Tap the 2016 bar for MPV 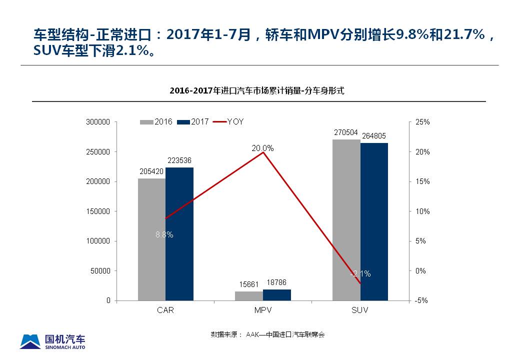click(x=248, y=295)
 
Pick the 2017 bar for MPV click(x=276, y=294)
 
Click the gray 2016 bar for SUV click(x=346, y=220)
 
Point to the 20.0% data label click(x=262, y=148)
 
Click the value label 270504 click(x=346, y=132)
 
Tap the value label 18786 click(x=276, y=283)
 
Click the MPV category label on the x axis click(x=262, y=310)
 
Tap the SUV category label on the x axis click(x=359, y=310)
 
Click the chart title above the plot click(x=257, y=91)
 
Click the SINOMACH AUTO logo click(x=52, y=341)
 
